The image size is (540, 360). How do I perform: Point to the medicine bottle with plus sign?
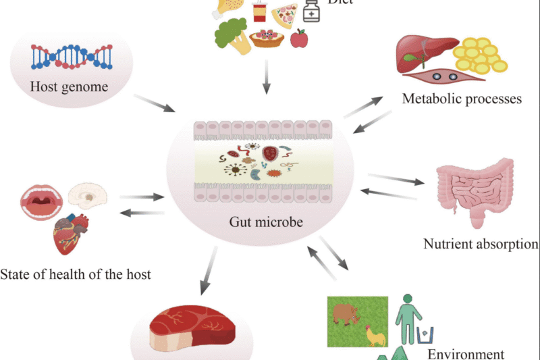[x=311, y=10]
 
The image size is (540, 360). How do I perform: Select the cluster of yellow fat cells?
[x=479, y=56]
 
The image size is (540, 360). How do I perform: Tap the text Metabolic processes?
[x=462, y=99]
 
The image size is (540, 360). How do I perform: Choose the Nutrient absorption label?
[x=481, y=244]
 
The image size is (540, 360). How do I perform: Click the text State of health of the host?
[x=76, y=274]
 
